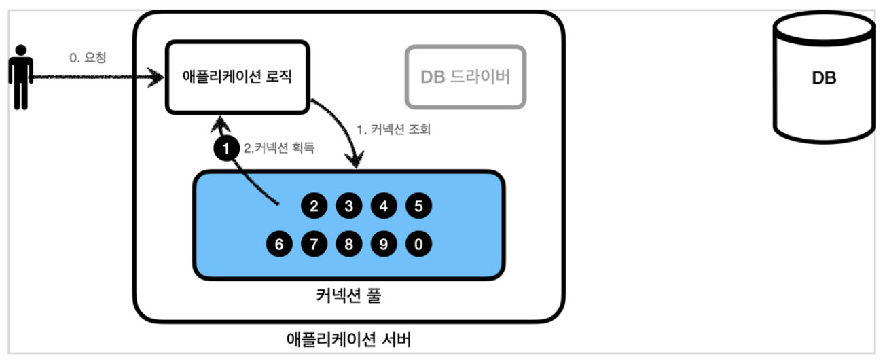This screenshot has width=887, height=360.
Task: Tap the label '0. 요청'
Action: point(88,58)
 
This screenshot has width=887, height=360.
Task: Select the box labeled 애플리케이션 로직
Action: point(237,76)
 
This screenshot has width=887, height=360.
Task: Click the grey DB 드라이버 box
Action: point(465,77)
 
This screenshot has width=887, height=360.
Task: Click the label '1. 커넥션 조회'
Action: point(394,129)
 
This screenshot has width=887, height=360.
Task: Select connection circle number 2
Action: point(314,206)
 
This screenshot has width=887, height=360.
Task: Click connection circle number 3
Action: point(348,206)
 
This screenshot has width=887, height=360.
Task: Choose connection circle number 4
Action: point(384,206)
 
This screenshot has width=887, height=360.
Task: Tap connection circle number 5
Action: point(418,206)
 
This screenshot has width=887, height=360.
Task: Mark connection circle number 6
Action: point(278,243)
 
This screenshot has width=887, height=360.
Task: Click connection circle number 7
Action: point(314,243)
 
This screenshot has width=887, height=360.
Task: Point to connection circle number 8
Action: point(348,243)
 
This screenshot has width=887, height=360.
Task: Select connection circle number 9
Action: point(384,243)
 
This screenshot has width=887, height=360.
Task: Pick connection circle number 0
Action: point(418,243)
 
